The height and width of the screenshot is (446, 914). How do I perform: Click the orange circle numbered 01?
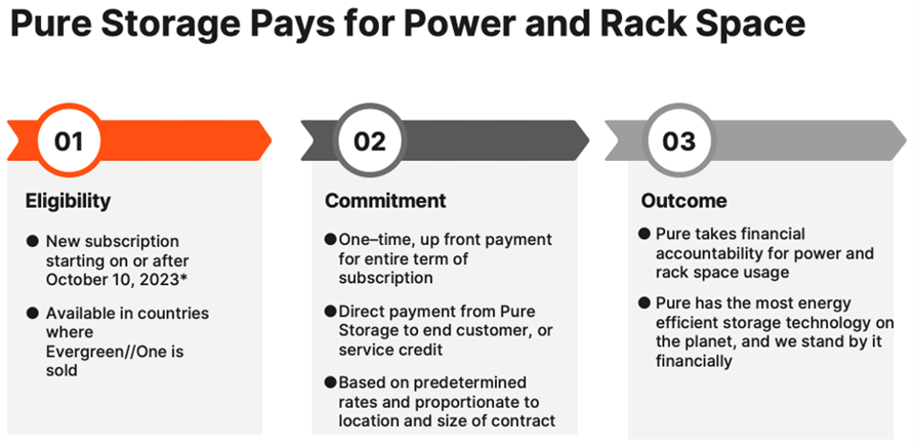(x=68, y=142)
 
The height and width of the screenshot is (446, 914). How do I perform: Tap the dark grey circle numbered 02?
(x=369, y=142)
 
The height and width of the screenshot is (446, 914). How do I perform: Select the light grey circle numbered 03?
(x=678, y=142)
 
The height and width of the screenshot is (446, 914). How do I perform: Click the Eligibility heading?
(x=68, y=200)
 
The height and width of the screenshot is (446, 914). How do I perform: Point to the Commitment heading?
(x=385, y=200)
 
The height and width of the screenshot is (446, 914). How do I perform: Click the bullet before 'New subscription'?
(x=32, y=242)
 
